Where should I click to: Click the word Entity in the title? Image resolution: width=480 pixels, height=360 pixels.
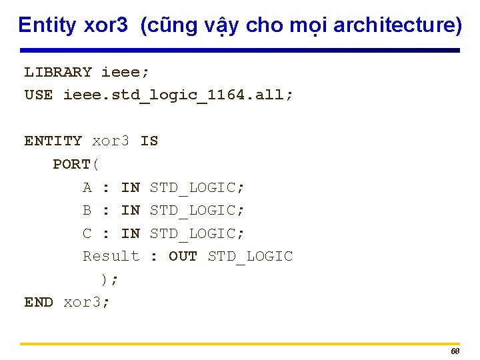point(47,25)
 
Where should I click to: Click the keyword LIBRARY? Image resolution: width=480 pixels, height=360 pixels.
point(58,72)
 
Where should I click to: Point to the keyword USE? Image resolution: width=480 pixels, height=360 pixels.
point(39,95)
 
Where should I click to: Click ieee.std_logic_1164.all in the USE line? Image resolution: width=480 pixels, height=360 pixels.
point(178,95)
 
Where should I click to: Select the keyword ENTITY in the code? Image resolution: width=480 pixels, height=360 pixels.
point(53,141)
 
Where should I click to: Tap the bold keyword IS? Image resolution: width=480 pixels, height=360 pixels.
point(149,141)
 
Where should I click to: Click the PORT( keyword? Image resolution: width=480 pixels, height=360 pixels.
point(76,164)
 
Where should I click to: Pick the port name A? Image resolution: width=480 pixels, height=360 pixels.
point(87,187)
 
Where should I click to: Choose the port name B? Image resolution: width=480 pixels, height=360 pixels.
point(87,210)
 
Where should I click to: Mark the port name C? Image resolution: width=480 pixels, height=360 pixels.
point(87,233)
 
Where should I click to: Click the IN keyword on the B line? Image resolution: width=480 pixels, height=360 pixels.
point(130,210)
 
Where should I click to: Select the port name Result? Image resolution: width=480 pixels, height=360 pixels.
point(111,256)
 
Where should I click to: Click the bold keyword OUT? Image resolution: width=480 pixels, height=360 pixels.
point(183,256)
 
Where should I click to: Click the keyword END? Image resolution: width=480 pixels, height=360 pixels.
point(39,302)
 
